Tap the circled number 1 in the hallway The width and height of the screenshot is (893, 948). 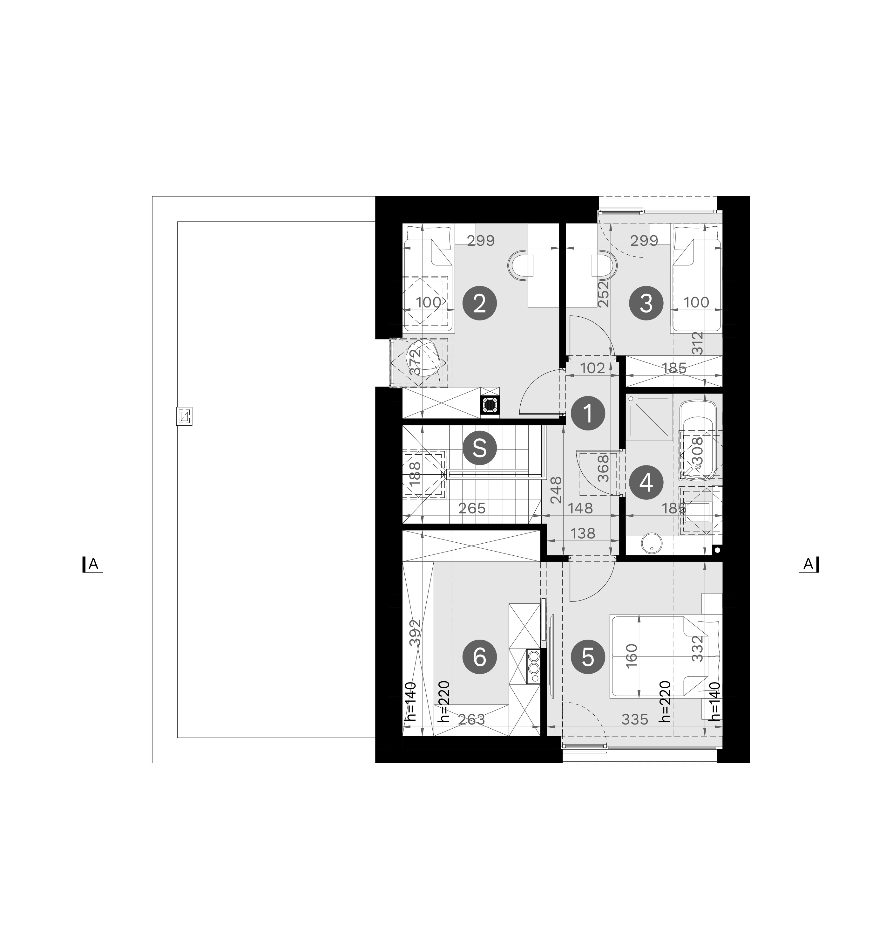coord(588,413)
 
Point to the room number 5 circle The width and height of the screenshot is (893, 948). coord(588,657)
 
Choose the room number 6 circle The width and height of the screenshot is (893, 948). coord(479,657)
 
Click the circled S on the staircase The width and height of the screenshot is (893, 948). coord(479,448)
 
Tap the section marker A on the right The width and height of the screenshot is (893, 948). coord(809,564)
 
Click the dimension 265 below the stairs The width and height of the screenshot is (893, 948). coord(472,508)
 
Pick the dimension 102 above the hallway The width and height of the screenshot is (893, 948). coord(593,368)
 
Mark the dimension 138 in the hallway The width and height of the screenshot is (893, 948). coord(583,533)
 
